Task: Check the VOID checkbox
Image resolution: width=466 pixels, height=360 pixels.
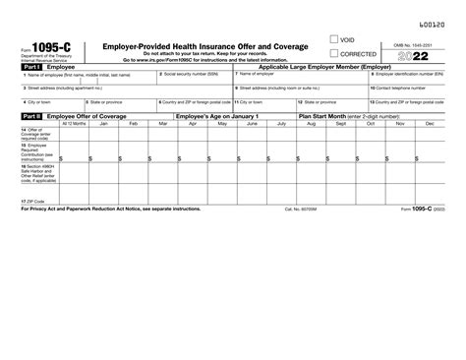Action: point(335,41)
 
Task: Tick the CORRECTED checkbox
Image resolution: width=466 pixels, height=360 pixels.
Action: point(335,53)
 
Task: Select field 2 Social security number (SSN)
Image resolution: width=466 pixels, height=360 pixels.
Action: point(197,78)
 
